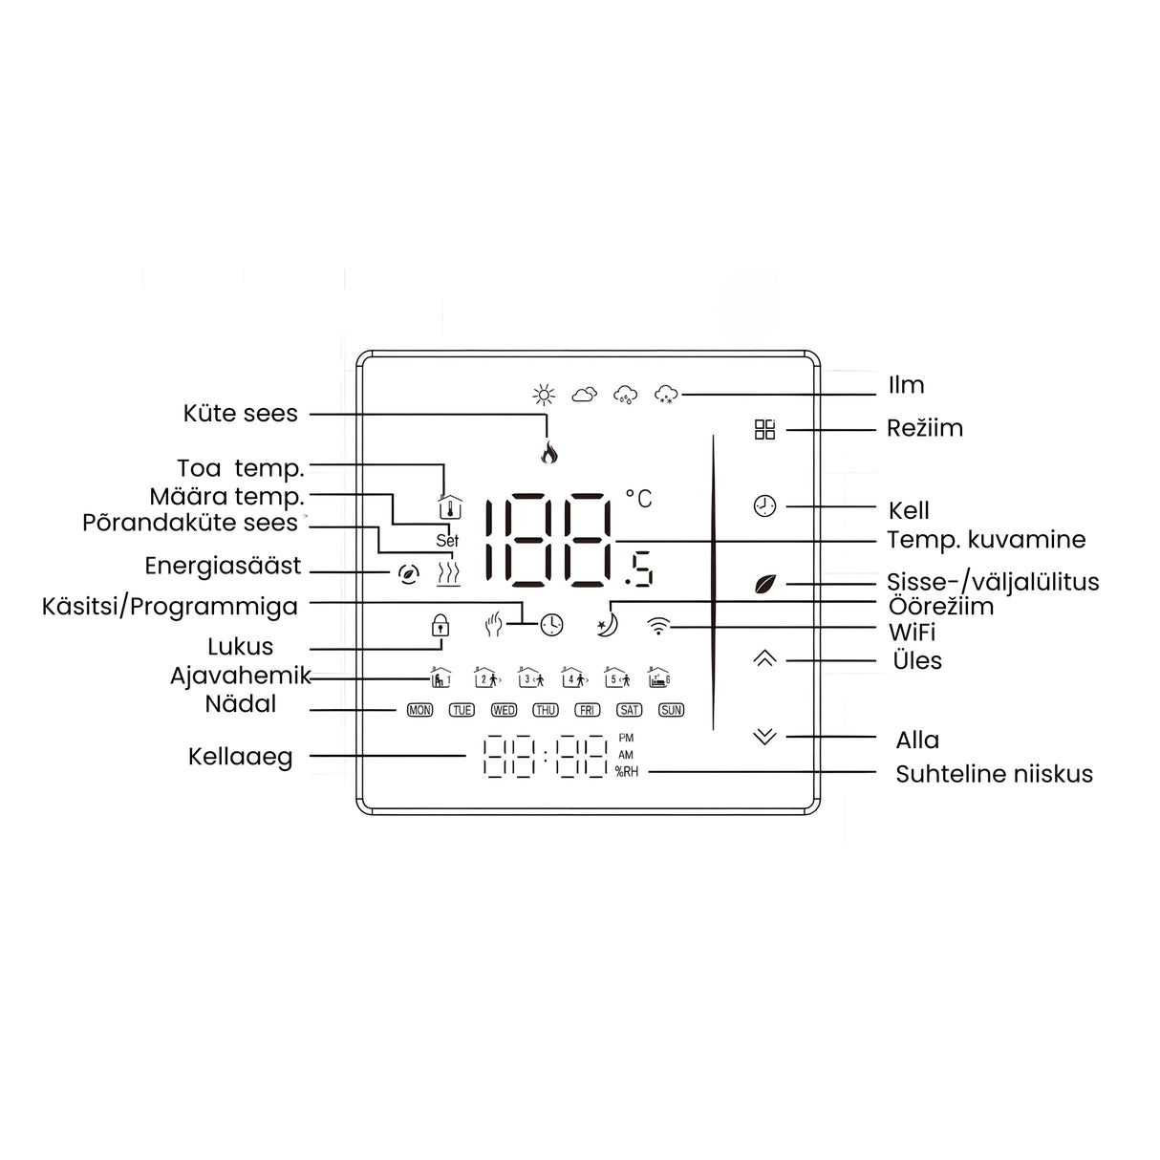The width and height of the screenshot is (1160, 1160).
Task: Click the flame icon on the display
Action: pos(549,453)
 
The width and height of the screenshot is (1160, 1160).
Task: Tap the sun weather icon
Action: pos(544,395)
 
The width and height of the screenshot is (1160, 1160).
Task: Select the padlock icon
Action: pos(440,625)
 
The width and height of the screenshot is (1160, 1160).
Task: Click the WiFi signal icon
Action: pos(658,626)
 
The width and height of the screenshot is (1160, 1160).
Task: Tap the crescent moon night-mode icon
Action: pos(607,625)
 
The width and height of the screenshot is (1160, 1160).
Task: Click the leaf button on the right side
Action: pos(765,584)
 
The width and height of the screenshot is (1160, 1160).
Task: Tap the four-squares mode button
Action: pos(764,429)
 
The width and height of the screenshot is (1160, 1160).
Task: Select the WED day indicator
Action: pos(504,710)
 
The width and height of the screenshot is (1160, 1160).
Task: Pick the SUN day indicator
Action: pos(672,710)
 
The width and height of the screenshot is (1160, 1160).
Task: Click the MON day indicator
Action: pos(419,710)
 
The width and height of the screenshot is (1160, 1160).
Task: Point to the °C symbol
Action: pos(639,498)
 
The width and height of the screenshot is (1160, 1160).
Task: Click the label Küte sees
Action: pos(241,414)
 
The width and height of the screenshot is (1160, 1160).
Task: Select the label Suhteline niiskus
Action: pos(994,774)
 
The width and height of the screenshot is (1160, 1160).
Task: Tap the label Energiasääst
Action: pos(223,566)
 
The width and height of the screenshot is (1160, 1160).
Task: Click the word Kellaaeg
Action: pos(241,757)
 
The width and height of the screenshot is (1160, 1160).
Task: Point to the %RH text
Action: pos(627,772)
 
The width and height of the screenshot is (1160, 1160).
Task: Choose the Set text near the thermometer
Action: pos(447,541)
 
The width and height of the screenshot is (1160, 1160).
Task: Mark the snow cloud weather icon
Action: pos(666,395)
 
